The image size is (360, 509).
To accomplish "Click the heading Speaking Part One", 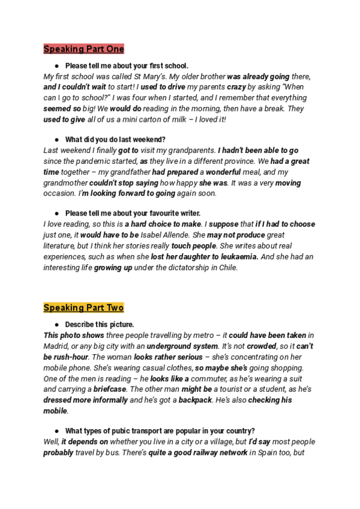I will [83, 49].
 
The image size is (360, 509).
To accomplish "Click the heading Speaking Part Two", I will [83, 308].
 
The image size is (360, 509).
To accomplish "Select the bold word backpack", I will [195, 400].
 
